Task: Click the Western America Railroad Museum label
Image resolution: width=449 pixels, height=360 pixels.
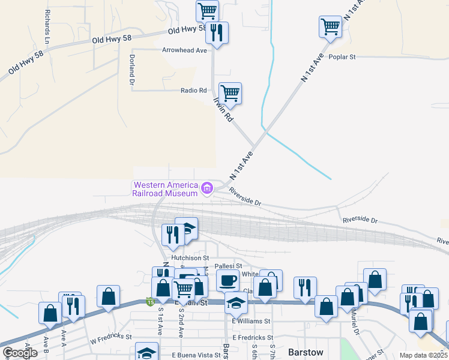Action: (x=165, y=189)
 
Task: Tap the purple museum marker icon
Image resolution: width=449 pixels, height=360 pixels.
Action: (x=207, y=189)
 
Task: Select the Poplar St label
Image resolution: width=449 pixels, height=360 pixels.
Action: (x=343, y=57)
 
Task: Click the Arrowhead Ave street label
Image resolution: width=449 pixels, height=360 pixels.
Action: (x=184, y=50)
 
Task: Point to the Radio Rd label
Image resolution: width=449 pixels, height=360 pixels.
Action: (x=193, y=91)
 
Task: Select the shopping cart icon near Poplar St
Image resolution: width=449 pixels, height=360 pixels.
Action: (x=330, y=27)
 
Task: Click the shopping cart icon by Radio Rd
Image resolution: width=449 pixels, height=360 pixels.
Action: (x=230, y=94)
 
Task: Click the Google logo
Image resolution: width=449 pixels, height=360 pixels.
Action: (x=20, y=353)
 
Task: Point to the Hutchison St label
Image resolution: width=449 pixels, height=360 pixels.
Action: (x=190, y=258)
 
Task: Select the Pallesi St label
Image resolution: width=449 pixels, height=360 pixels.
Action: (x=228, y=265)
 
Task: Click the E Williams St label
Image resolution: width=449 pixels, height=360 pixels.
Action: (x=250, y=321)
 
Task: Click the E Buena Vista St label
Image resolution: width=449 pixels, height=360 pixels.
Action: (x=196, y=356)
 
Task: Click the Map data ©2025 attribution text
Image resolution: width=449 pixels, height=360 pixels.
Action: (x=424, y=355)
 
